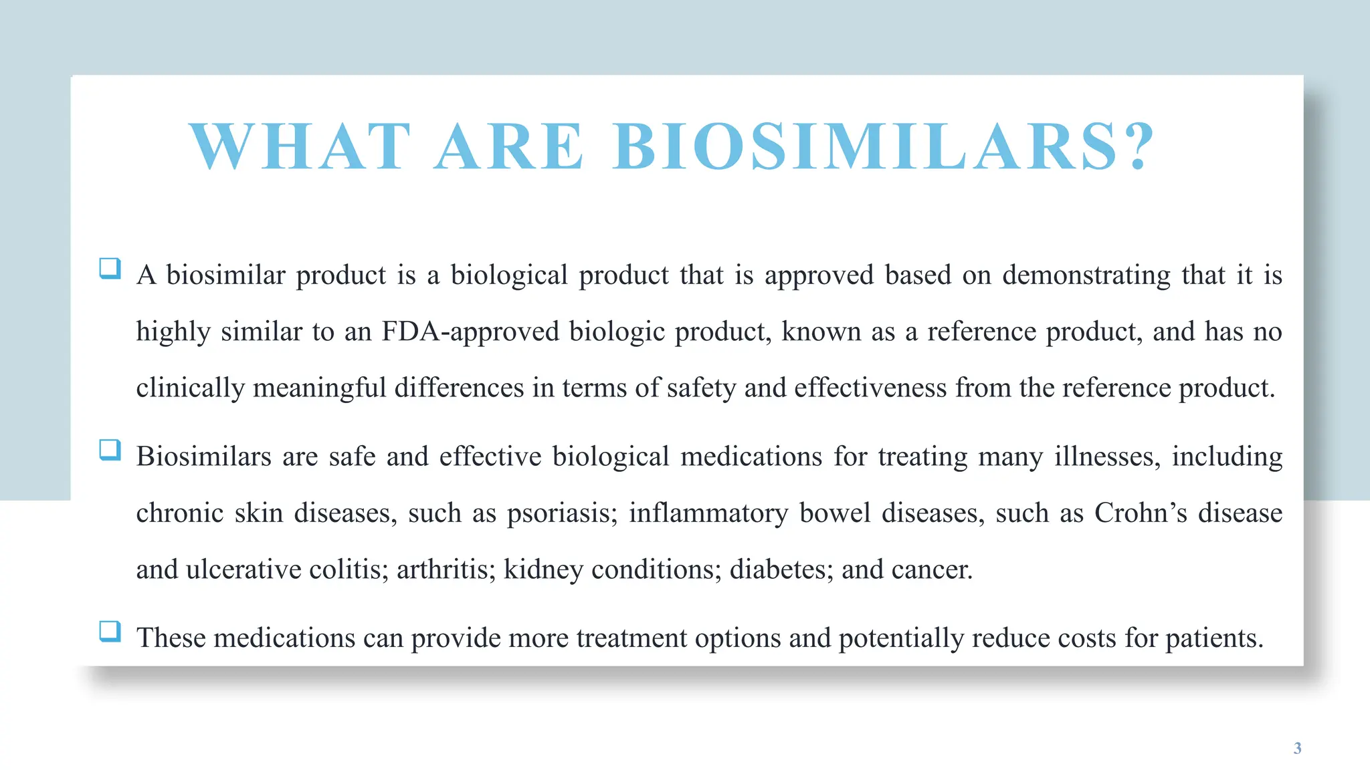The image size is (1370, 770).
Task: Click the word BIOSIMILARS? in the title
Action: point(883,146)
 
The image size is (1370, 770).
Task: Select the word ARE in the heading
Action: point(508,146)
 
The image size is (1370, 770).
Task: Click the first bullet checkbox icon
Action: point(110,269)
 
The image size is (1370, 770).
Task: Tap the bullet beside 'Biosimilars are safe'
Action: point(110,450)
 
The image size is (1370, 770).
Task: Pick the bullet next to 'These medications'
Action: point(110,631)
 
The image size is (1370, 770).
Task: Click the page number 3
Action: point(1297,748)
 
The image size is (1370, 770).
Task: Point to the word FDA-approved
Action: point(470,332)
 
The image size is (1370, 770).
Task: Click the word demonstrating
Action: point(1086,275)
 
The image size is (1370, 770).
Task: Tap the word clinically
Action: point(190,388)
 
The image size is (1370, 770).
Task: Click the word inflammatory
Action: point(708,513)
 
